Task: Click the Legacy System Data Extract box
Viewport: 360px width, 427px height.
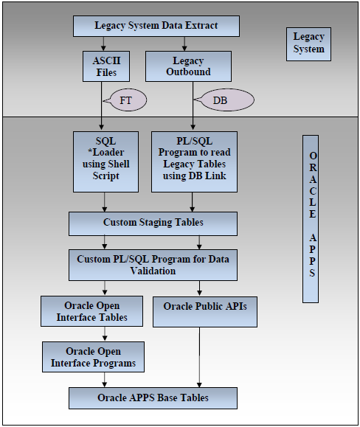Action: coord(156,26)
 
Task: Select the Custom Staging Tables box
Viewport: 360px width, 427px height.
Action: coord(153,223)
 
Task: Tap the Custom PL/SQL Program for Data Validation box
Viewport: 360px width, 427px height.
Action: coord(153,265)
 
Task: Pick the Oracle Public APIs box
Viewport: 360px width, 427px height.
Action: coord(205,311)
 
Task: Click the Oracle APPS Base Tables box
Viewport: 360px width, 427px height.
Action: coord(153,398)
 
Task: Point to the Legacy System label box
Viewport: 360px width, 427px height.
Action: coord(308,43)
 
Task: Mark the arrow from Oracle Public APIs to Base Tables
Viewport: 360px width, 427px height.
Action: coord(199,357)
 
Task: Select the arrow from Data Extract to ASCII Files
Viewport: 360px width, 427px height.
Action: coord(103,44)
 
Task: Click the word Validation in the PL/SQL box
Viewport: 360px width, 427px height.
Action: coord(153,271)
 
